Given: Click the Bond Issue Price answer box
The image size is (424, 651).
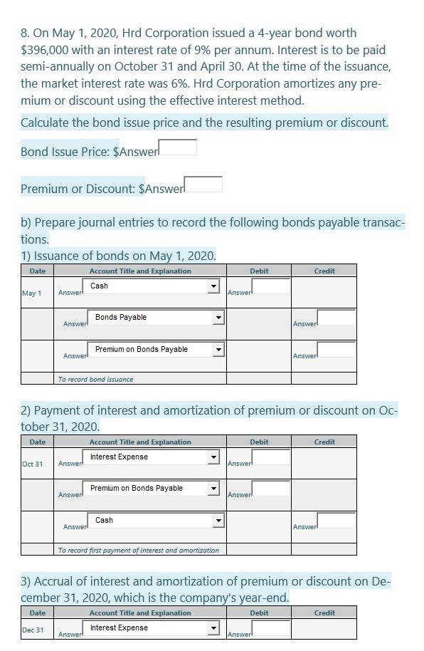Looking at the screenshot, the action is tap(177, 147).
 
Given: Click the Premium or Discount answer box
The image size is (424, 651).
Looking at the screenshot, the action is tap(203, 184).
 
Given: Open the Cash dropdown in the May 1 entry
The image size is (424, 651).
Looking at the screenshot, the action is tap(154, 286).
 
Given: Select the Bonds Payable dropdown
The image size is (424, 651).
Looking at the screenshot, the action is tap(156, 318).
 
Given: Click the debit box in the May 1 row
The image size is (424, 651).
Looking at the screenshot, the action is tap(271, 286).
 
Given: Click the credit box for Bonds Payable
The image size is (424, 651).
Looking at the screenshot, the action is tap(336, 318).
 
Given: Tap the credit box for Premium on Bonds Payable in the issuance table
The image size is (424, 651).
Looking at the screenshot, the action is tap(336, 350).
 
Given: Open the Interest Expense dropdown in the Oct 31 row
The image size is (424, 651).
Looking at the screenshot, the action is tap(153, 457).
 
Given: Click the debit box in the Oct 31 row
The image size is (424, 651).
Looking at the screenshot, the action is tap(271, 457).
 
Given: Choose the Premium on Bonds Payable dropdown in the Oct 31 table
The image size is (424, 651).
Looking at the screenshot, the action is tap(153, 489).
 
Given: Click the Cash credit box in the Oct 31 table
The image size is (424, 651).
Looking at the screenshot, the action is tap(336, 521).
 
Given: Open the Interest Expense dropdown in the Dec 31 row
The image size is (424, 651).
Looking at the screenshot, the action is tap(153, 628).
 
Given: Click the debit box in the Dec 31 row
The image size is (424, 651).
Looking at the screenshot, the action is tap(271, 628).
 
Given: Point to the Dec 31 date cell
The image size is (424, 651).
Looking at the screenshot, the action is tap(33, 630).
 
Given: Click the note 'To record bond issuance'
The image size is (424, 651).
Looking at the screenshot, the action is tap(95, 380).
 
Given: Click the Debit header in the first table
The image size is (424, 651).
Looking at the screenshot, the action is tap(259, 271).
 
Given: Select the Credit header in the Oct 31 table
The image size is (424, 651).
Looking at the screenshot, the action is tap(324, 442).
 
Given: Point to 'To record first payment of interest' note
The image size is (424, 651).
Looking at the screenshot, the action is tap(139, 550).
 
